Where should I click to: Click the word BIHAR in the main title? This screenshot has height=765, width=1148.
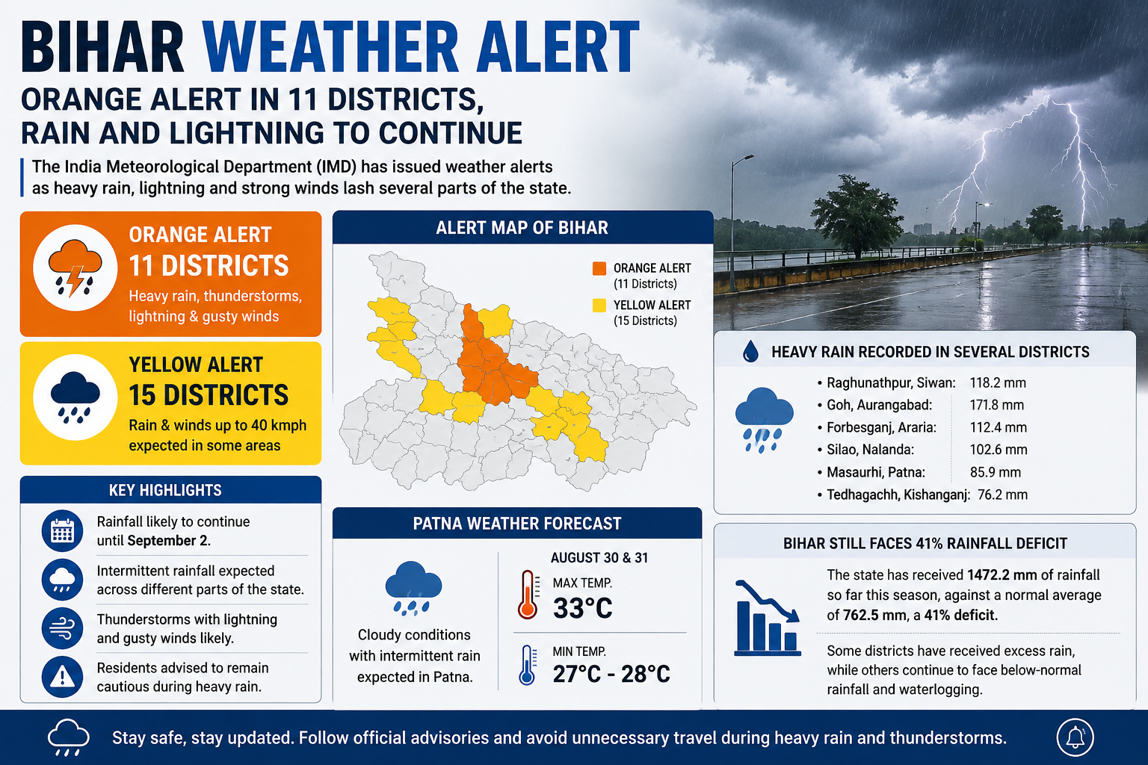[102, 46]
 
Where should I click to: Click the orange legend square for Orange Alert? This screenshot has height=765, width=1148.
[599, 268]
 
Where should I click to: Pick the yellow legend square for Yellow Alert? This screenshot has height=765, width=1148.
[599, 306]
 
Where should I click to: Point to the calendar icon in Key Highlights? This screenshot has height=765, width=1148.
[63, 531]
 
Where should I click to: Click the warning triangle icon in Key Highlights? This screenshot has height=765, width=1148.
[63, 677]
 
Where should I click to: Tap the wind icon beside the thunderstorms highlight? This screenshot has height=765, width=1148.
[63, 628]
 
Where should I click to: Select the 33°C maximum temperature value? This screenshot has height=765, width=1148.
[583, 608]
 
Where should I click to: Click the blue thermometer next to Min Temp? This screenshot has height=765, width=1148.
[527, 665]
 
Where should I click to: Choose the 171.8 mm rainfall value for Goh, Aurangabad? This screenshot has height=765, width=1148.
[997, 405]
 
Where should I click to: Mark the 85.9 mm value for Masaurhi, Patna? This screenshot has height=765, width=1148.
[996, 472]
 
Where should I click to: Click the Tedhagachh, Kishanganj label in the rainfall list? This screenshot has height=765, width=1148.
[898, 495]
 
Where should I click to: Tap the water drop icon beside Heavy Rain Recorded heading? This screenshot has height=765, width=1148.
[751, 352]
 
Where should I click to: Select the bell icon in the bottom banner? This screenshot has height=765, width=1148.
[1076, 738]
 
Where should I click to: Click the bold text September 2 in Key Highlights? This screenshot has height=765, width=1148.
[167, 541]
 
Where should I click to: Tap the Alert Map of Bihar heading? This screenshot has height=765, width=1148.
[522, 228]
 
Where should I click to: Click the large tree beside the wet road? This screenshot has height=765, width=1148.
[857, 216]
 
